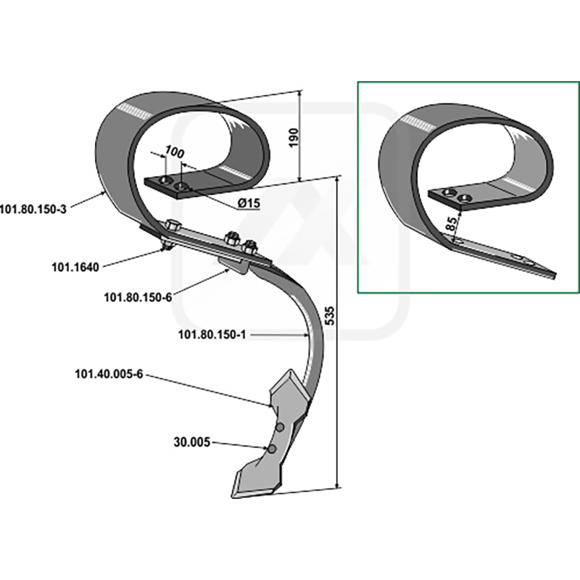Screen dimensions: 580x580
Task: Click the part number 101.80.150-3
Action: (33, 210)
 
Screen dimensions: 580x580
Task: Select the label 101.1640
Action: (75, 267)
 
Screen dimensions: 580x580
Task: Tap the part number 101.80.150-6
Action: (138, 297)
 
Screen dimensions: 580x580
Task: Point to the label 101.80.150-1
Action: (212, 335)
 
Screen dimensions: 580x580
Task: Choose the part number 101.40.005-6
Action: (109, 374)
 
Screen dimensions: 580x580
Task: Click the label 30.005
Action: (191, 442)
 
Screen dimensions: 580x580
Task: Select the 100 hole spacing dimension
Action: (174, 152)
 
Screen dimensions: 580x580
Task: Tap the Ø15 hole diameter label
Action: (249, 203)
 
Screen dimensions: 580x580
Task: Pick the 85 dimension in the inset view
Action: (451, 223)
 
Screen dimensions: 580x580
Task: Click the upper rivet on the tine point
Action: (280, 428)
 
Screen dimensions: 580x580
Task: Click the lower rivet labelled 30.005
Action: (273, 449)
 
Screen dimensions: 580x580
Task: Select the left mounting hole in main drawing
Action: (165, 180)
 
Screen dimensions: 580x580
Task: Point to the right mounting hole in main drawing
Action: (181, 186)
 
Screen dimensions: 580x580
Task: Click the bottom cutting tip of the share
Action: (233, 497)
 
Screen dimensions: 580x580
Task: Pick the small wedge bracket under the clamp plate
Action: (233, 265)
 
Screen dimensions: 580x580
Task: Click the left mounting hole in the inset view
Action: (449, 192)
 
